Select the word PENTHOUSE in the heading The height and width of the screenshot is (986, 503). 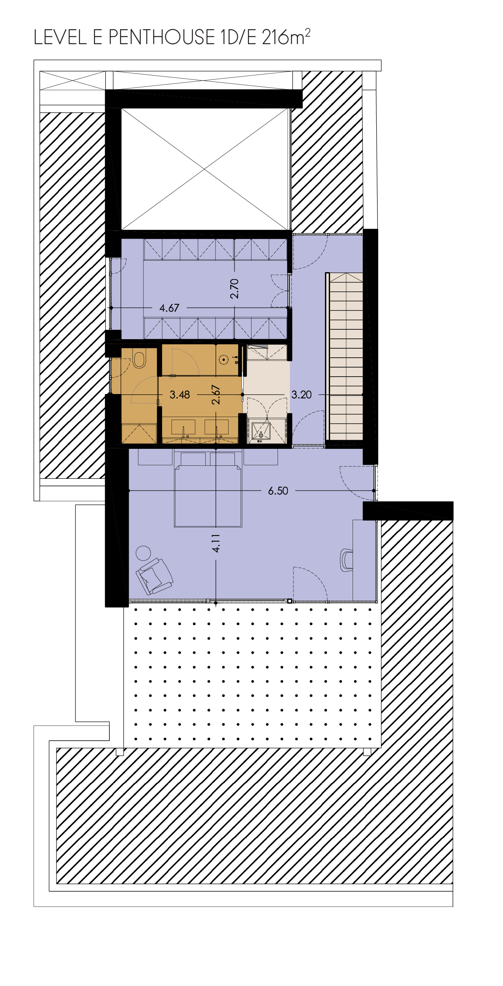click(x=162, y=37)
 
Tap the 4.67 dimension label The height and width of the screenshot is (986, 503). click(x=169, y=308)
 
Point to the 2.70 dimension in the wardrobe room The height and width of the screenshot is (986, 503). click(x=235, y=289)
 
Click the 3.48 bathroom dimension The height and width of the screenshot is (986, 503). click(x=180, y=395)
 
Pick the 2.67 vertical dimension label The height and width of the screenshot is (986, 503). click(x=216, y=394)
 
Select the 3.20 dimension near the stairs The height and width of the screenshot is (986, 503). click(x=302, y=395)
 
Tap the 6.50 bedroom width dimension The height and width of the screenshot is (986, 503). click(x=278, y=491)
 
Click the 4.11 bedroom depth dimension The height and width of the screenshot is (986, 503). click(x=216, y=543)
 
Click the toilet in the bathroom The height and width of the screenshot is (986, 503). click(x=139, y=359)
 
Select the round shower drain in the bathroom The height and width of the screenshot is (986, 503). click(x=224, y=359)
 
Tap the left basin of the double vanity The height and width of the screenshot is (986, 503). click(x=183, y=428)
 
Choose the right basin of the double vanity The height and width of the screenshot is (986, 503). click(x=216, y=428)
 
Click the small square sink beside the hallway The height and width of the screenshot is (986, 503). click(x=261, y=432)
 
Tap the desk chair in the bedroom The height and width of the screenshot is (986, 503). click(x=346, y=560)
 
